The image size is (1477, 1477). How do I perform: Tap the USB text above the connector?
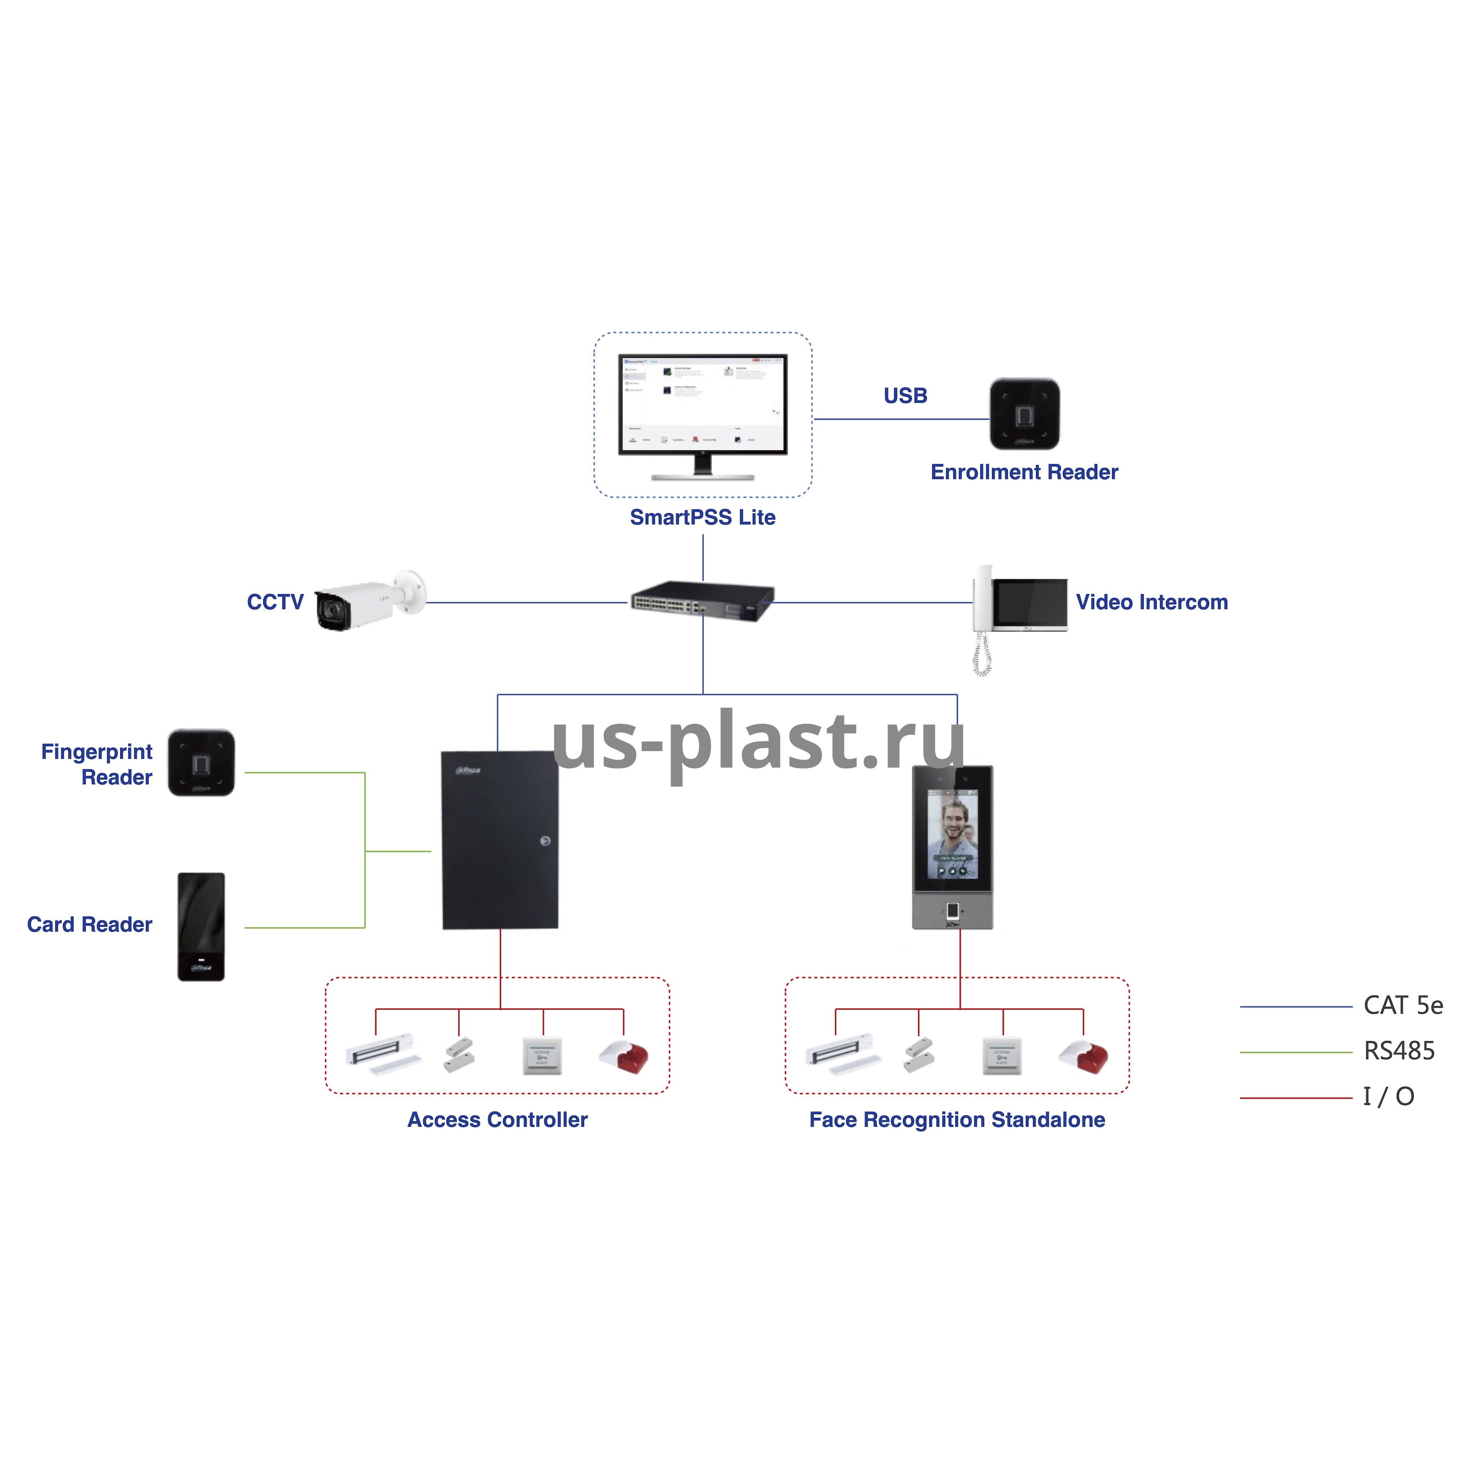(x=905, y=395)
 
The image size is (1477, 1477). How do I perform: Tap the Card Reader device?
(x=201, y=927)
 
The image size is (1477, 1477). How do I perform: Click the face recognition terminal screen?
(x=952, y=834)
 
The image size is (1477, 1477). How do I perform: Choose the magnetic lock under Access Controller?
(x=384, y=1053)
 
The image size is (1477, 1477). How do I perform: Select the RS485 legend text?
(x=1399, y=1051)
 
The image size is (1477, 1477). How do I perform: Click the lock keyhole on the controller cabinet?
(x=544, y=841)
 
